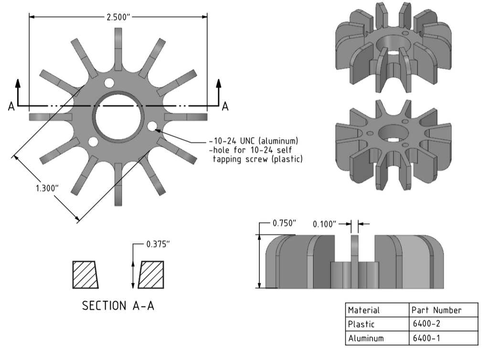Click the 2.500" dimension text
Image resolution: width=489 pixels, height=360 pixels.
pos(118,17)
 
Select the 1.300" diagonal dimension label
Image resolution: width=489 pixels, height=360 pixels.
pos(47,187)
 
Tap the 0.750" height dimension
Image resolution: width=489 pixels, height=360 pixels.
pos(284,223)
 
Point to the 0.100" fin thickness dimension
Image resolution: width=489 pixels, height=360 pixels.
pos(324,223)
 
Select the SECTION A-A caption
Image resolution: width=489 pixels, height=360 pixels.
pos(118,306)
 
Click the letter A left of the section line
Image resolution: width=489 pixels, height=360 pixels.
pos(11,106)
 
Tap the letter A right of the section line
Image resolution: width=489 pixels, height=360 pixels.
pos(225,106)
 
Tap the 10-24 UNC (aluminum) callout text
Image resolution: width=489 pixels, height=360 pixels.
pos(254,141)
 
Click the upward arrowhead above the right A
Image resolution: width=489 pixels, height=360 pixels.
pos(219,84)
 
